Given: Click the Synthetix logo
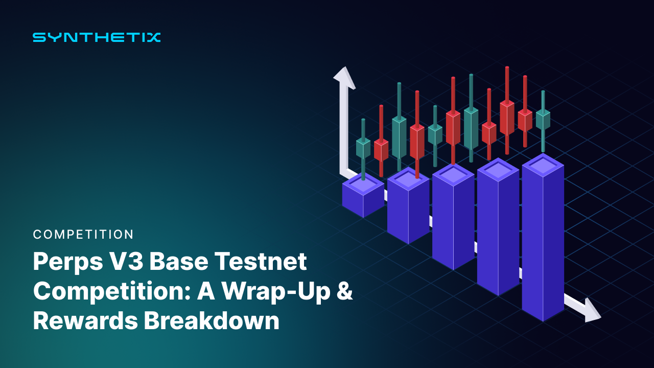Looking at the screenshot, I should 97,37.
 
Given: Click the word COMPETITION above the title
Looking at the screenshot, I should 83,235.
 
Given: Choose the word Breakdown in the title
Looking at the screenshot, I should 211,321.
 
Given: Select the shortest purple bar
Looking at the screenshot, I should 363,197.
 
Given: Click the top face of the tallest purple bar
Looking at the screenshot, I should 543,165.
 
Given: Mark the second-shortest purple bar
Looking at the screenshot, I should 408,210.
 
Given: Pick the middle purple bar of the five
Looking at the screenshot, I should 453,220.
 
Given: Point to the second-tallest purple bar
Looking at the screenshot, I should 498,230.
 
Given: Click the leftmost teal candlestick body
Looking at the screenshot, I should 363,148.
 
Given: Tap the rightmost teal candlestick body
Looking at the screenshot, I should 543,120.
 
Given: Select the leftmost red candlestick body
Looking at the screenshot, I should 381,150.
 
